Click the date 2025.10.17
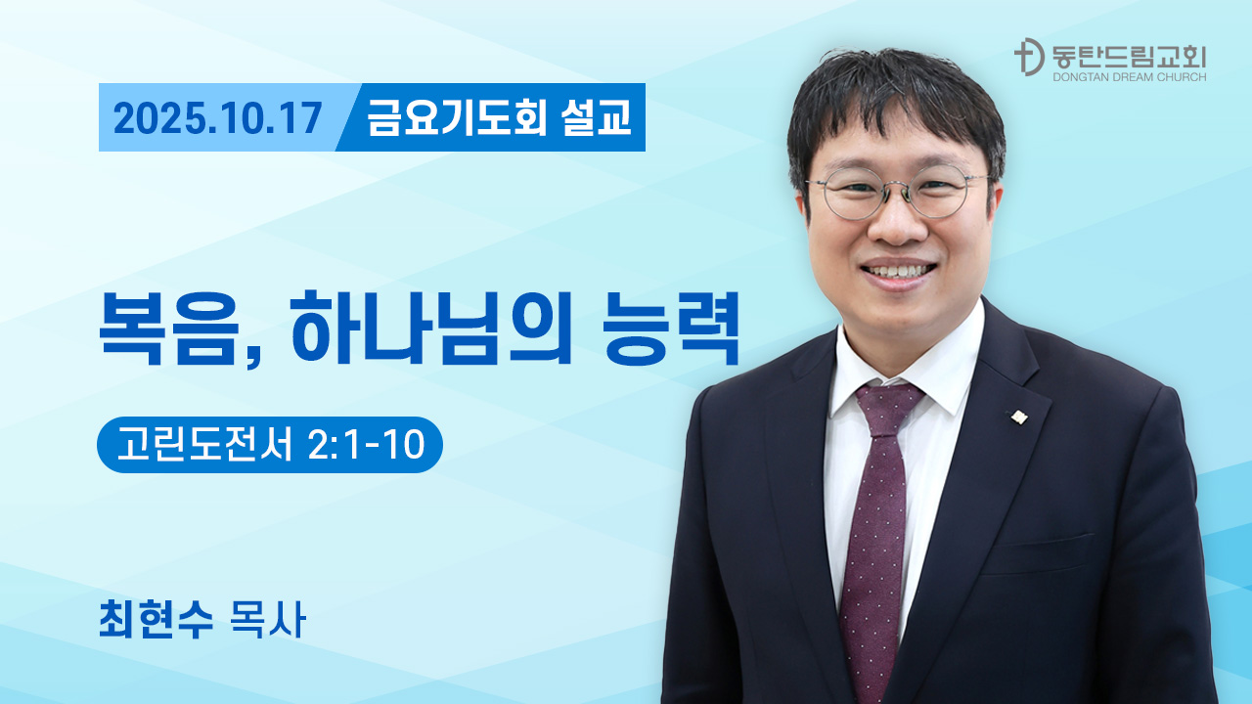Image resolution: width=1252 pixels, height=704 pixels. pos(217,118)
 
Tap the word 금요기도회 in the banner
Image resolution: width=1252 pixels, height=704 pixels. pos(457,117)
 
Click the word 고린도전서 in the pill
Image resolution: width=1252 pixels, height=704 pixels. pos(204,445)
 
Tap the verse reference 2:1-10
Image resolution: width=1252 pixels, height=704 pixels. pos(367,445)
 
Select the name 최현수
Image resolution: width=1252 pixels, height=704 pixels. pos(156,620)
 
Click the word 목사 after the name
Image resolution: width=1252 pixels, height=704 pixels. pos(268,620)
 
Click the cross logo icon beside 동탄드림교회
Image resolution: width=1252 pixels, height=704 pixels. pos(1029,57)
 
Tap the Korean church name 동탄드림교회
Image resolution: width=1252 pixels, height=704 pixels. pos(1129,57)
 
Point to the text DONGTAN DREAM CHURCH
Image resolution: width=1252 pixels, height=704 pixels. pos(1129,77)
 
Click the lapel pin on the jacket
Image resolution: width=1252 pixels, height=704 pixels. pos(1018,417)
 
